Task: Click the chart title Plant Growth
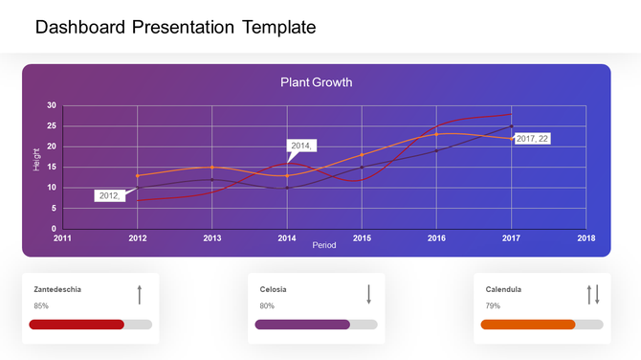click(316, 82)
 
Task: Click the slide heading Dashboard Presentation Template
click(175, 28)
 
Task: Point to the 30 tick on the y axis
click(52, 105)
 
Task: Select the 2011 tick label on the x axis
click(62, 238)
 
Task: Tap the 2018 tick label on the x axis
click(586, 238)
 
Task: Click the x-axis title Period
click(324, 245)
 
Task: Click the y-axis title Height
click(37, 159)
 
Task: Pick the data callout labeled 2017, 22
click(532, 139)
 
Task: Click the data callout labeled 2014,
click(301, 146)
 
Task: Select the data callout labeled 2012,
click(108, 195)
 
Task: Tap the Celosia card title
click(273, 288)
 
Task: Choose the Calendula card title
click(503, 288)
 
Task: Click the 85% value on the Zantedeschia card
click(41, 306)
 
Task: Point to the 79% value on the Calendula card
click(493, 306)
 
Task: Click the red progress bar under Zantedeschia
click(77, 325)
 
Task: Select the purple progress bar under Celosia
click(302, 325)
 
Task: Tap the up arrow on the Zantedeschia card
click(140, 294)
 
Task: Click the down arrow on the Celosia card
click(368, 294)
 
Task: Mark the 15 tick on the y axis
click(52, 167)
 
